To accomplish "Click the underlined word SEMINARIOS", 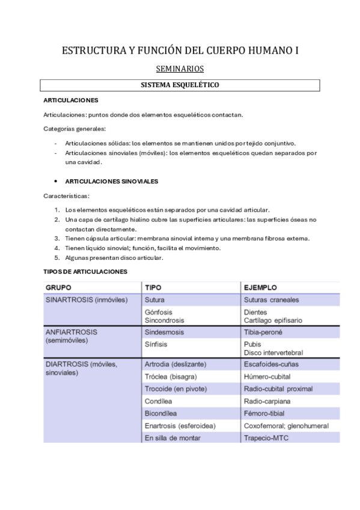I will (180, 69).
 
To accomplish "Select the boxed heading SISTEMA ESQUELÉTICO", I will (180, 85).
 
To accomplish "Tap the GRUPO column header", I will (60, 287).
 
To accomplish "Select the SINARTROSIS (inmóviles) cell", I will (87, 300).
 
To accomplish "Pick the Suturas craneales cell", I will (271, 300).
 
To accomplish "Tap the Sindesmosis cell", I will (164, 332).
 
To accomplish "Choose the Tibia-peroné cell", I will (263, 332).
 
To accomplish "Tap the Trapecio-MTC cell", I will (266, 438).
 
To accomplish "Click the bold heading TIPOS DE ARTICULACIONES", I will (85, 272).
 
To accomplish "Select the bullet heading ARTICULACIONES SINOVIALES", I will (111, 180).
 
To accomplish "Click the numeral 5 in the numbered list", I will (57, 257).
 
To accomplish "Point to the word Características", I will (66, 196).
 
